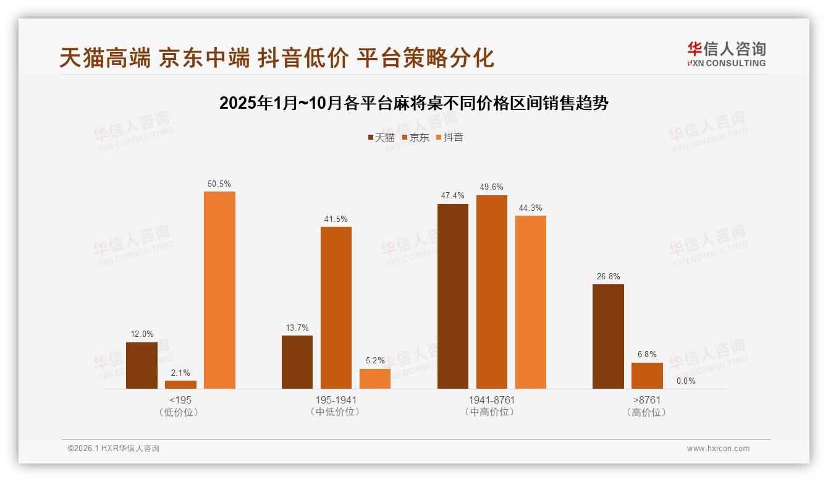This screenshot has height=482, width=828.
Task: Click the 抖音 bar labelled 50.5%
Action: pyautogui.click(x=219, y=290)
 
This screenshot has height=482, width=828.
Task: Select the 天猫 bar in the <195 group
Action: pyautogui.click(x=142, y=365)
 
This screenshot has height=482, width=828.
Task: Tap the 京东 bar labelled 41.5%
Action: pyautogui.click(x=336, y=308)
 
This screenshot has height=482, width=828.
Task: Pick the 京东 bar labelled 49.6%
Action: pyautogui.click(x=491, y=292)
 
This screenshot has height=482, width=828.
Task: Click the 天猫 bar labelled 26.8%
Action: pyautogui.click(x=608, y=336)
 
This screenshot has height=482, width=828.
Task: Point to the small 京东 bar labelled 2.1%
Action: pyautogui.click(x=180, y=384)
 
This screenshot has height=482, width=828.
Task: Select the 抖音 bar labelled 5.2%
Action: pyautogui.click(x=375, y=379)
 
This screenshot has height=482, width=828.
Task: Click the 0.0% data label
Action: pyautogui.click(x=686, y=381)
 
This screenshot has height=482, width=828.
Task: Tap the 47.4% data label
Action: pyautogui.click(x=452, y=195)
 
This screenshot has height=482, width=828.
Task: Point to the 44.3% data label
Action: pyautogui.click(x=530, y=208)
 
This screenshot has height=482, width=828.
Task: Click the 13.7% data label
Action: pyautogui.click(x=297, y=328)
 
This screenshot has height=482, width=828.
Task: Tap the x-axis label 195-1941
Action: pyautogui.click(x=336, y=400)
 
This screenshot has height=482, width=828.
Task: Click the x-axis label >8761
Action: pyautogui.click(x=646, y=400)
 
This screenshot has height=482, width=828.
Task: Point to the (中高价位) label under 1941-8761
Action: pyautogui.click(x=491, y=412)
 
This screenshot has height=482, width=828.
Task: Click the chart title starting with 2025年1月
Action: pyautogui.click(x=414, y=103)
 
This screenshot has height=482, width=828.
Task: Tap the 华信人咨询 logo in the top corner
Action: pyautogui.click(x=726, y=54)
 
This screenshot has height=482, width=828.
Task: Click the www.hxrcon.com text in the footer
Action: pyautogui.click(x=718, y=449)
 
